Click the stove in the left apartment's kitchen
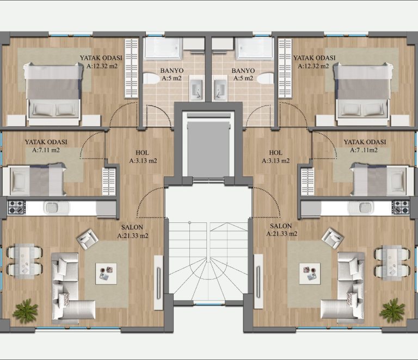pos(16,207)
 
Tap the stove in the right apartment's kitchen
pos(401,207)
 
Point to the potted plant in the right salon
pos(392,310)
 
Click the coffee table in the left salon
pos(106,274)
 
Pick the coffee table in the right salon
pos(310,274)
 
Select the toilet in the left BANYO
pos(151,79)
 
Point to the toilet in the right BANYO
pos(266,79)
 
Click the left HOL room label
pos(143,153)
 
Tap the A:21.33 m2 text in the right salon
pos(282,234)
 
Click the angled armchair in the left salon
pos(87,239)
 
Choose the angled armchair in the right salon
pos(333,238)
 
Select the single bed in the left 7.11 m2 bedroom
pos(35,181)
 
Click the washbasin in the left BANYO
pos(196,88)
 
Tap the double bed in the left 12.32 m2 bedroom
pos(53,94)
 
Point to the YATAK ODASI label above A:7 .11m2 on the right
pos(365,142)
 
